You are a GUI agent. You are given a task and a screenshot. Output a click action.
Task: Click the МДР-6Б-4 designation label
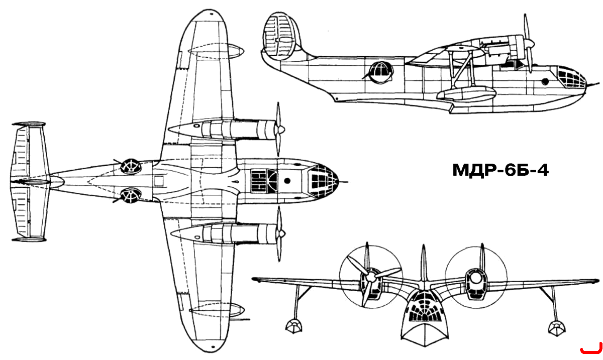[500, 171]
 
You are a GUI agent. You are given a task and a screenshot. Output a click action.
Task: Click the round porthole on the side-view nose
[545, 81]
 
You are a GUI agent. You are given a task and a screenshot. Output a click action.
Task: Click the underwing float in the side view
[466, 95]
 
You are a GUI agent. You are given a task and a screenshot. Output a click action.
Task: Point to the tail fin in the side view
[280, 36]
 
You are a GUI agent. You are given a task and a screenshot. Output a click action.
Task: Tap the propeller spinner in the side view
[531, 43]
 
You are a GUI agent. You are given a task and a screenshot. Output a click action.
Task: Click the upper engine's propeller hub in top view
[281, 130]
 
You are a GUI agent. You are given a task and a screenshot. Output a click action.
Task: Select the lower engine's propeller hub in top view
[281, 233]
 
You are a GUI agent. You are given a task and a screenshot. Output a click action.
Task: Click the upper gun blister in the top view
[131, 166]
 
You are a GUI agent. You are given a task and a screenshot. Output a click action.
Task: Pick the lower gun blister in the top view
[131, 196]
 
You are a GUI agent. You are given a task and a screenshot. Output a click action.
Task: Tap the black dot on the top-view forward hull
[287, 181]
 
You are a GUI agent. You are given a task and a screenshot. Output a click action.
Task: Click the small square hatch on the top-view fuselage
[159, 181]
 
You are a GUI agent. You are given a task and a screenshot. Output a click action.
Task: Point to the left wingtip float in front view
[293, 326]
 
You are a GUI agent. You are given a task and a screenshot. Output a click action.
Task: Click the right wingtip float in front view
[557, 328]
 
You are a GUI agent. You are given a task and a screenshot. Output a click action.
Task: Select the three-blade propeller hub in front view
[371, 276]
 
